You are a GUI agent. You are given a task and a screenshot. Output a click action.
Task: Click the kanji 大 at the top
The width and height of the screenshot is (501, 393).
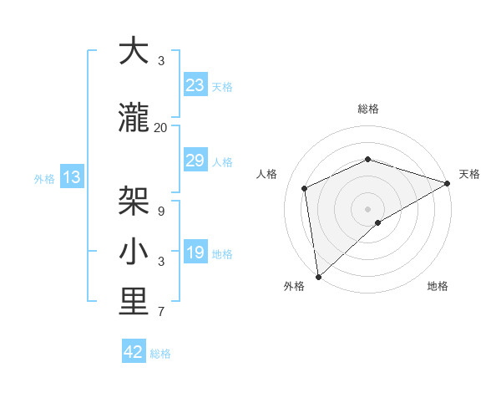point(133,51)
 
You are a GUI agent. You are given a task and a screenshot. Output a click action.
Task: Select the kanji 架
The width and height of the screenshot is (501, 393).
point(133,202)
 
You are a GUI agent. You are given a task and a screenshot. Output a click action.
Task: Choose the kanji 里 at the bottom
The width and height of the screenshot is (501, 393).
point(133,303)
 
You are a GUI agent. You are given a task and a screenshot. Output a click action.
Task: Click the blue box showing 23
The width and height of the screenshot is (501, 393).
point(195,85)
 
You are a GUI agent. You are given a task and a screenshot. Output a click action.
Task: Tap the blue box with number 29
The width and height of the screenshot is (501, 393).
point(195,161)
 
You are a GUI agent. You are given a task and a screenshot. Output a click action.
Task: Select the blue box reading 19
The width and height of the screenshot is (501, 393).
point(195,253)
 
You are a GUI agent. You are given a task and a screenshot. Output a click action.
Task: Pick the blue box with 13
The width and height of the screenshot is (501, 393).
point(71,177)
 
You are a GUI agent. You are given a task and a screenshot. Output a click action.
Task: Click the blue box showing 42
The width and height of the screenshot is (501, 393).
point(134,353)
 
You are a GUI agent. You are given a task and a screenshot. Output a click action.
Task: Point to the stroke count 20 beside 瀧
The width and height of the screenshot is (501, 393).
point(161,127)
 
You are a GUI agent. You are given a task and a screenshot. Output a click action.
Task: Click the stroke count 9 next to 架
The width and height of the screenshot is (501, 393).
point(161,211)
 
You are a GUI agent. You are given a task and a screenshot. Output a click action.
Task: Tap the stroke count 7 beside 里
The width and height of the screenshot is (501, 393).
point(161,312)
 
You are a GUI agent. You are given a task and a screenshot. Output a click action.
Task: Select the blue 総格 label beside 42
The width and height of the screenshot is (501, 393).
point(160,354)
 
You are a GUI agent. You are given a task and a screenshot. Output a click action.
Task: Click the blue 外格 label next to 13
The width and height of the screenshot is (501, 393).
point(44,178)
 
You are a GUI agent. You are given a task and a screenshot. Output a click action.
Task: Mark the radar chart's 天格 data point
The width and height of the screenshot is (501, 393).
point(448,183)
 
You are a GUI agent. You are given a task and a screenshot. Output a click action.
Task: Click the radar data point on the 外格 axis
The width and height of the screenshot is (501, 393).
point(318,277)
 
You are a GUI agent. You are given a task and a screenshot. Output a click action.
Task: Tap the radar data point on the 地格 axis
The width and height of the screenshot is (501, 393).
point(378,222)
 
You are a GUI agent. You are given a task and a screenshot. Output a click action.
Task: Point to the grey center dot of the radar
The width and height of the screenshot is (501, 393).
point(367,208)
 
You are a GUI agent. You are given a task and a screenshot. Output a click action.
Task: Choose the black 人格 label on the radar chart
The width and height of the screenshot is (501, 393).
point(267,174)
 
